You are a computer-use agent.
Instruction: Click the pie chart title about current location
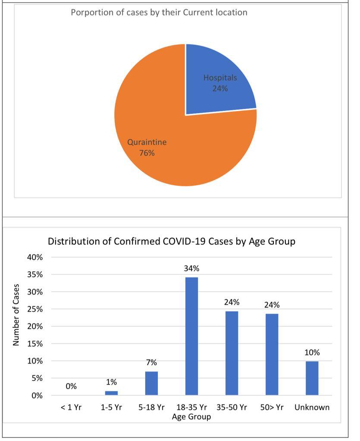(x=159, y=12)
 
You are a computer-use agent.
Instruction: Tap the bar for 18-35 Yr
(x=191, y=336)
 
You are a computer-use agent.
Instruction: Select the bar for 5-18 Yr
(x=151, y=383)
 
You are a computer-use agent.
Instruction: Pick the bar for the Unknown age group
(x=312, y=378)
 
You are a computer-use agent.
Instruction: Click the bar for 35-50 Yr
(x=232, y=353)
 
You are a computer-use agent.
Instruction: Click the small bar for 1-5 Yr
(x=111, y=393)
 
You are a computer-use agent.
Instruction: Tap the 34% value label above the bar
(x=191, y=268)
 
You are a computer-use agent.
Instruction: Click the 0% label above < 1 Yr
(x=71, y=387)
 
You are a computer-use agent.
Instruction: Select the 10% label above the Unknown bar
(x=312, y=353)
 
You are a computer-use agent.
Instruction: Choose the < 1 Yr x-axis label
(x=71, y=407)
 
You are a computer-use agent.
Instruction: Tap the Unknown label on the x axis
(x=312, y=407)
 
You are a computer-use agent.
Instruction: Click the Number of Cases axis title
(x=16, y=314)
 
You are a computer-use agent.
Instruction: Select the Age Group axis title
(x=191, y=416)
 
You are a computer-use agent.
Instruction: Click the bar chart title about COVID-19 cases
(x=171, y=241)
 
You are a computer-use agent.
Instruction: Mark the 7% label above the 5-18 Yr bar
(x=151, y=362)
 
